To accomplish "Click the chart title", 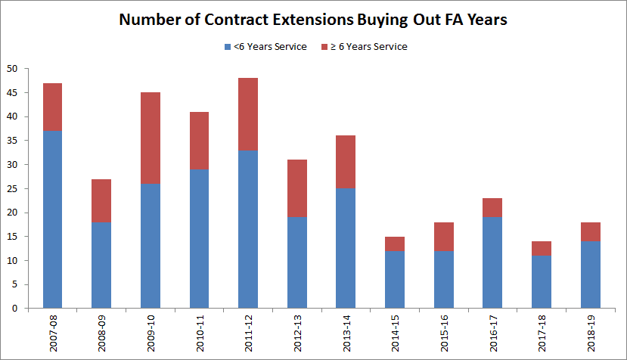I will [313, 20].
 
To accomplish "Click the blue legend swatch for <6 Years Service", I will [228, 47].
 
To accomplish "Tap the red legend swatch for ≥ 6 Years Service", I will [326, 47].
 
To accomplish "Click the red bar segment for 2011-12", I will [247, 114].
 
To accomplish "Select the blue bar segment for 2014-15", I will [394, 279].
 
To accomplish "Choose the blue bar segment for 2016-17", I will [492, 262].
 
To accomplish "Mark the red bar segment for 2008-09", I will [101, 200].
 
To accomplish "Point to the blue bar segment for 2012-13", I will [296, 262].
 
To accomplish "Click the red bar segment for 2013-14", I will [345, 162].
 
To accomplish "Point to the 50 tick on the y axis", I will [12, 69].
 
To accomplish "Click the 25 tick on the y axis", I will [12, 188].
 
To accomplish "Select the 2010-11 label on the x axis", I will [200, 334].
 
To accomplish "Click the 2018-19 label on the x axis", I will [590, 334].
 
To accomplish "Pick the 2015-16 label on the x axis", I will [443, 334].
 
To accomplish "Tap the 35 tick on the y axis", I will [12, 141].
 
